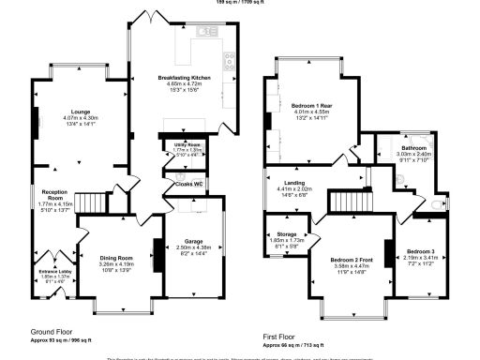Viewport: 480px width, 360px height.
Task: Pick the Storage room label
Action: point(281,234)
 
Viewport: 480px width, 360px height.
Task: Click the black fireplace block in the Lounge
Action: point(37,121)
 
